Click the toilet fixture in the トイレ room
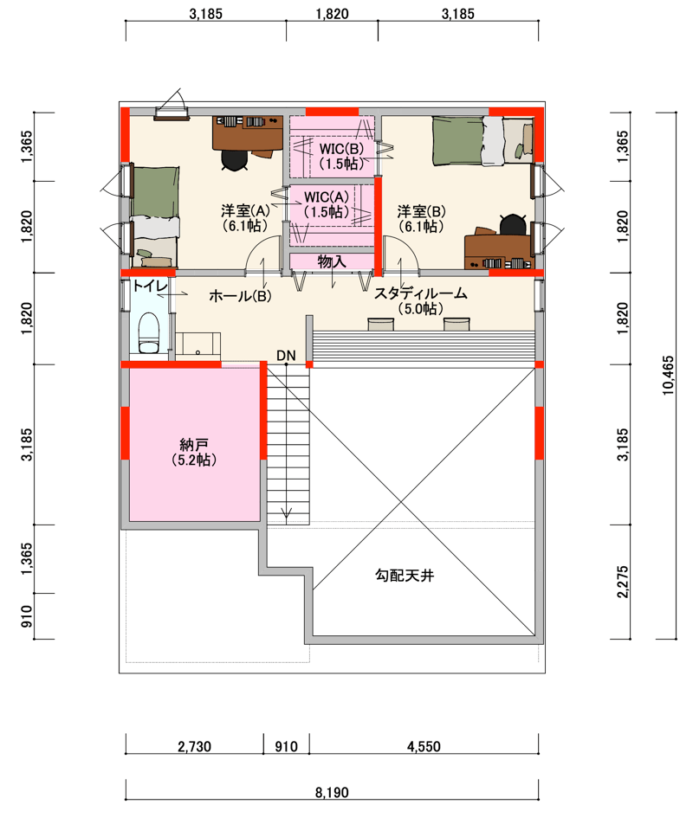coord(149,333)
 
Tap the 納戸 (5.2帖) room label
coord(194,453)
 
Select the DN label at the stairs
coord(286,356)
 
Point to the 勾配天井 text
coord(405,576)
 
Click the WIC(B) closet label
coord(342,156)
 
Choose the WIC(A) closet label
coord(327,204)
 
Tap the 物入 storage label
coord(332,261)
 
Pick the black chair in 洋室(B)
coord(513,224)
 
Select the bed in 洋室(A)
coord(153,217)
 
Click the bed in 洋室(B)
coord(483,141)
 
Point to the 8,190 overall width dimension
coord(332,792)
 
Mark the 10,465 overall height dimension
coord(668,376)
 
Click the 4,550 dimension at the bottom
coord(424,746)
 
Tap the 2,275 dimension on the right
coord(623,582)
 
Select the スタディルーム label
coord(421,300)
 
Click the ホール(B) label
coord(240,296)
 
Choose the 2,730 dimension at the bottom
coord(195,746)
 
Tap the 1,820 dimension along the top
coord(333,14)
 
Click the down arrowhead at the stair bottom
coord(287,514)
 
